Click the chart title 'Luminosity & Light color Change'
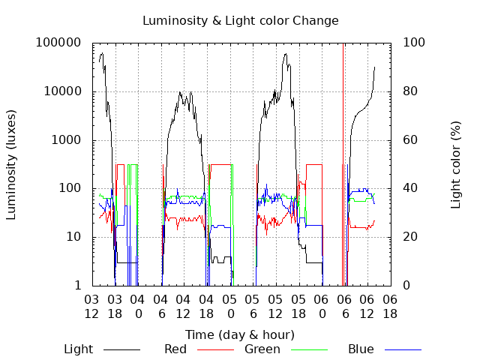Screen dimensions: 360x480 (240, 20)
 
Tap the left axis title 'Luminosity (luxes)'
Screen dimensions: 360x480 (11, 164)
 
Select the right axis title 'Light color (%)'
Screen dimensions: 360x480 (456, 164)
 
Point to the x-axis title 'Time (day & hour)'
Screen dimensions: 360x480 (240, 334)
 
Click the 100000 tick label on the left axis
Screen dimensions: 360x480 (59, 43)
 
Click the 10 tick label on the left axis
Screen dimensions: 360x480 (74, 238)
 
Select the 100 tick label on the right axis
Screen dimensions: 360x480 (414, 43)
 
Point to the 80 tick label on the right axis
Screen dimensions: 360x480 (410, 92)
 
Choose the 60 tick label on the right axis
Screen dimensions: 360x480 (410, 140)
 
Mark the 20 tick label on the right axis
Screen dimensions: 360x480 (410, 238)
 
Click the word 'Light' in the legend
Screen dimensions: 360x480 (79, 349)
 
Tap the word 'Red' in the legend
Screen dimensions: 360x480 (176, 349)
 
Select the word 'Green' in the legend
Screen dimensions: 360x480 (262, 349)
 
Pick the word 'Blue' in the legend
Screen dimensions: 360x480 (361, 349)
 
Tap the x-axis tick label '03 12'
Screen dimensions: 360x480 (91, 307)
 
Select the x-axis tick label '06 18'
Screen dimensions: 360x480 (390, 307)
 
